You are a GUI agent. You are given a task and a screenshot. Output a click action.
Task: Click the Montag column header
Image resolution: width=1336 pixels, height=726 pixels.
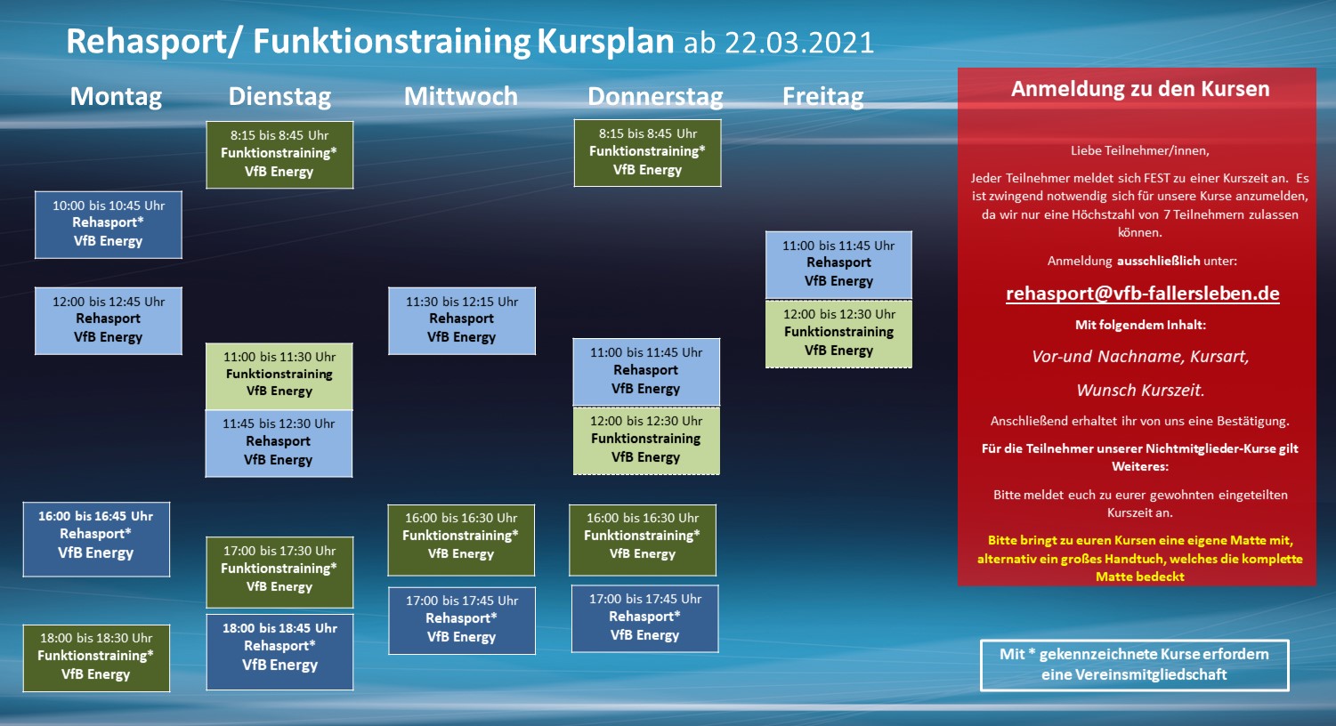click(x=116, y=97)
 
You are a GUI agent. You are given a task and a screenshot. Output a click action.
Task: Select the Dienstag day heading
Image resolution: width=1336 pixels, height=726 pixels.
click(x=279, y=97)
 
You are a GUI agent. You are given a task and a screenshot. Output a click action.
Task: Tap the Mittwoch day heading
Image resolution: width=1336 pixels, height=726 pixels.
click(x=461, y=97)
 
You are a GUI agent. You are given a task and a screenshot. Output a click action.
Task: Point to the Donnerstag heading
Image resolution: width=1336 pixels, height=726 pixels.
click(x=655, y=97)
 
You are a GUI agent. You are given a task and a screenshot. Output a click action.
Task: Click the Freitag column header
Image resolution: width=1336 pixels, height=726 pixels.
click(x=823, y=97)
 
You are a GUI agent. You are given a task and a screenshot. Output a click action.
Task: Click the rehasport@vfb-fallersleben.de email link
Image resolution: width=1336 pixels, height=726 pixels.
click(x=1143, y=294)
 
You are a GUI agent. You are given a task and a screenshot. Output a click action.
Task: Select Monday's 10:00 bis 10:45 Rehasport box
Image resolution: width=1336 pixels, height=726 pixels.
click(x=109, y=225)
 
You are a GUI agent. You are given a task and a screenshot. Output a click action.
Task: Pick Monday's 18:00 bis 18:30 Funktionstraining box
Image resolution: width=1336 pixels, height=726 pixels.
click(x=96, y=658)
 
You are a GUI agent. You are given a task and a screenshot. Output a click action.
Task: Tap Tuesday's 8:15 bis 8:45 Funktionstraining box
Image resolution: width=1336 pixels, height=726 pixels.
click(x=279, y=155)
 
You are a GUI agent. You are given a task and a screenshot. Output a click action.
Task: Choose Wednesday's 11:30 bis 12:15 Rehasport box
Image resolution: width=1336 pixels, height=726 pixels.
click(x=462, y=320)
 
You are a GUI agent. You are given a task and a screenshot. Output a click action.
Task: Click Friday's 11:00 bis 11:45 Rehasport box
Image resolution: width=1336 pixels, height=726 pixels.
click(x=838, y=264)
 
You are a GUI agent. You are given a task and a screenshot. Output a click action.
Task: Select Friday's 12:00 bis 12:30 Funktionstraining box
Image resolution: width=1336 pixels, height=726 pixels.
click(x=838, y=334)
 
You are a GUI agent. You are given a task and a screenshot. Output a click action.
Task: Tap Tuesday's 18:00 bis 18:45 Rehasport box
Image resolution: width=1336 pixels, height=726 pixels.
click(x=279, y=652)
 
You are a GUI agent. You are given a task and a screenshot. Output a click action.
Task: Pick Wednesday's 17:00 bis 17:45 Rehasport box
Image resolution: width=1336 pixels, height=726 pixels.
click(x=462, y=620)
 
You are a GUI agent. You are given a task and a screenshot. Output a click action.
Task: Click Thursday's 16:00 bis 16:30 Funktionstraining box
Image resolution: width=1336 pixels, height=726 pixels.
click(x=643, y=540)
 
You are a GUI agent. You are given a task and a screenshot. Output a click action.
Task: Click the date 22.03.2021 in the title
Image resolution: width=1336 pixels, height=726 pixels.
click(x=799, y=43)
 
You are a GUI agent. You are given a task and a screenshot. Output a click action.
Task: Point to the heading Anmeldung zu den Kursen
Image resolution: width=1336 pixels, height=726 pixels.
click(x=1140, y=89)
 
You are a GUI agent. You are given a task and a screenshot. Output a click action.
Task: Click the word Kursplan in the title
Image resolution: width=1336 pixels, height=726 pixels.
click(x=605, y=42)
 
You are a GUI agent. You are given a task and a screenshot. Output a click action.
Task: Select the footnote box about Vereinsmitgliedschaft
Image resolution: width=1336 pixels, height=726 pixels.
click(x=1135, y=665)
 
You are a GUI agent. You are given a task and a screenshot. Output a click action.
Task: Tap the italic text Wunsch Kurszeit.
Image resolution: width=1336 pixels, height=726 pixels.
click(x=1140, y=391)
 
